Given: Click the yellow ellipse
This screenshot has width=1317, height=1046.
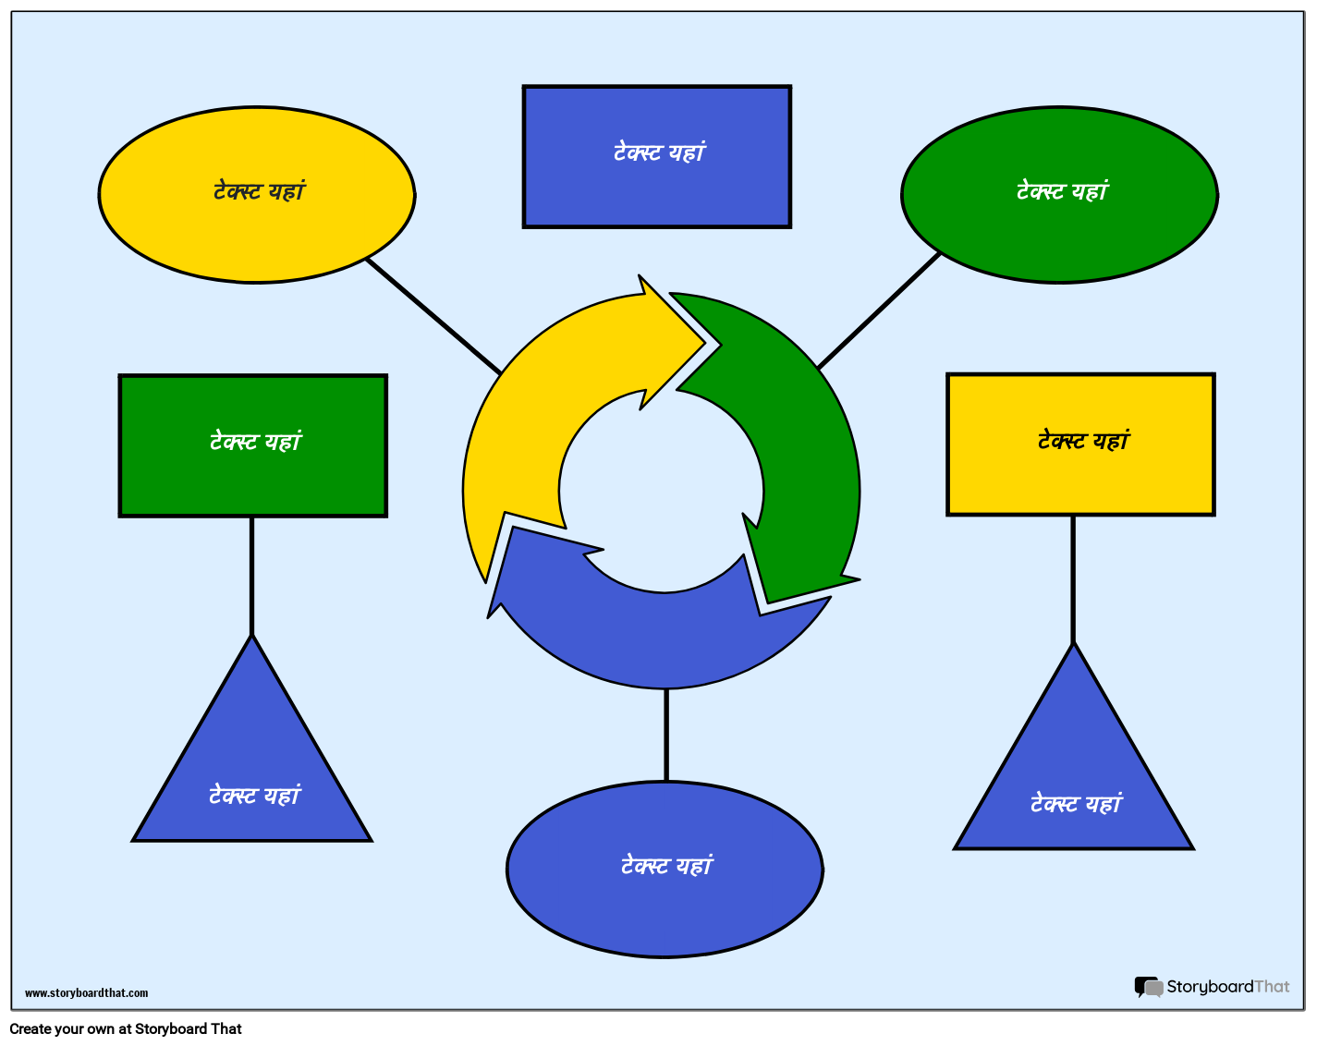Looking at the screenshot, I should pyautogui.click(x=256, y=231).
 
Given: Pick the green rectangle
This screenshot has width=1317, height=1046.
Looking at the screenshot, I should pyautogui.click(x=252, y=480).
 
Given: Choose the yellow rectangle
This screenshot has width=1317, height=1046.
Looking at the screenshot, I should pyautogui.click(x=1079, y=480).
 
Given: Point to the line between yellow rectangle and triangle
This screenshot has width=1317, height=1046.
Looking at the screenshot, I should pyautogui.click(x=1073, y=578).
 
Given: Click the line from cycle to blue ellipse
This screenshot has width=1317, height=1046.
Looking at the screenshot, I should pyautogui.click(x=666, y=735).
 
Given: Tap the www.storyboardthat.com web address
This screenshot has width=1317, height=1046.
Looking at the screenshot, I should pyautogui.click(x=86, y=993).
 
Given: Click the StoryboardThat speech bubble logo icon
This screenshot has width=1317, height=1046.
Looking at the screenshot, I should pyautogui.click(x=1148, y=988).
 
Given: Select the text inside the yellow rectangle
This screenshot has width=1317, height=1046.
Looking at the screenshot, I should pyautogui.click(x=1083, y=441).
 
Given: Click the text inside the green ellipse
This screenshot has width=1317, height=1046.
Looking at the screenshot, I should pyautogui.click(x=1061, y=191).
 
